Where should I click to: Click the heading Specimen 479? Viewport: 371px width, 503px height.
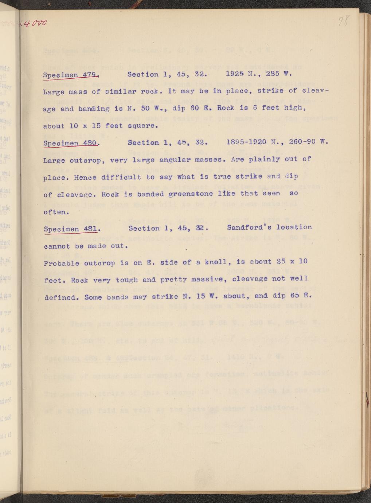70,75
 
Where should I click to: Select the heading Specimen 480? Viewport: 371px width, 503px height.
70,143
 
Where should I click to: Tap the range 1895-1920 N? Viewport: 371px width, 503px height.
254,142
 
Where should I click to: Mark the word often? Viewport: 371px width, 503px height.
54,212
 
